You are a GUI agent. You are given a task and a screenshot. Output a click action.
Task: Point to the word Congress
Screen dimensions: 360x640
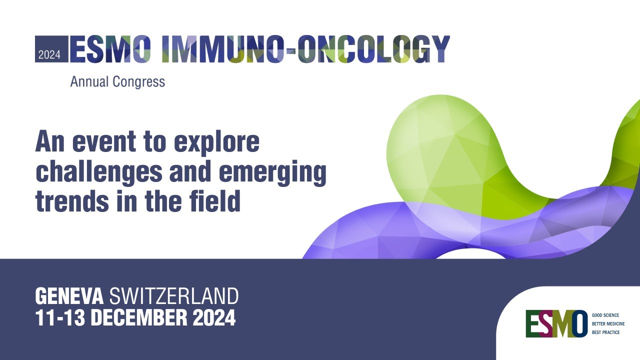point(140,82)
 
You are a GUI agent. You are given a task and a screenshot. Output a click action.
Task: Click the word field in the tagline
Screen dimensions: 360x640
point(218,201)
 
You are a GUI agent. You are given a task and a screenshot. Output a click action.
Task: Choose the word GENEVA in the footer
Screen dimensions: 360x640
point(69,297)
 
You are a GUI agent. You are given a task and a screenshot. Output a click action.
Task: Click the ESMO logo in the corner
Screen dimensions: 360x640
point(556,323)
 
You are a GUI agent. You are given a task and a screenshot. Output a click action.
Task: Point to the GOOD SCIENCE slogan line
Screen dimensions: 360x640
point(605,315)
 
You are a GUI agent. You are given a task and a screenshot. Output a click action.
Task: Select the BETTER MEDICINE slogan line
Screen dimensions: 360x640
point(608,324)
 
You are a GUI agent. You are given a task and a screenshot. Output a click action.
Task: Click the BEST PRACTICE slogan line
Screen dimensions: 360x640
point(605,332)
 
